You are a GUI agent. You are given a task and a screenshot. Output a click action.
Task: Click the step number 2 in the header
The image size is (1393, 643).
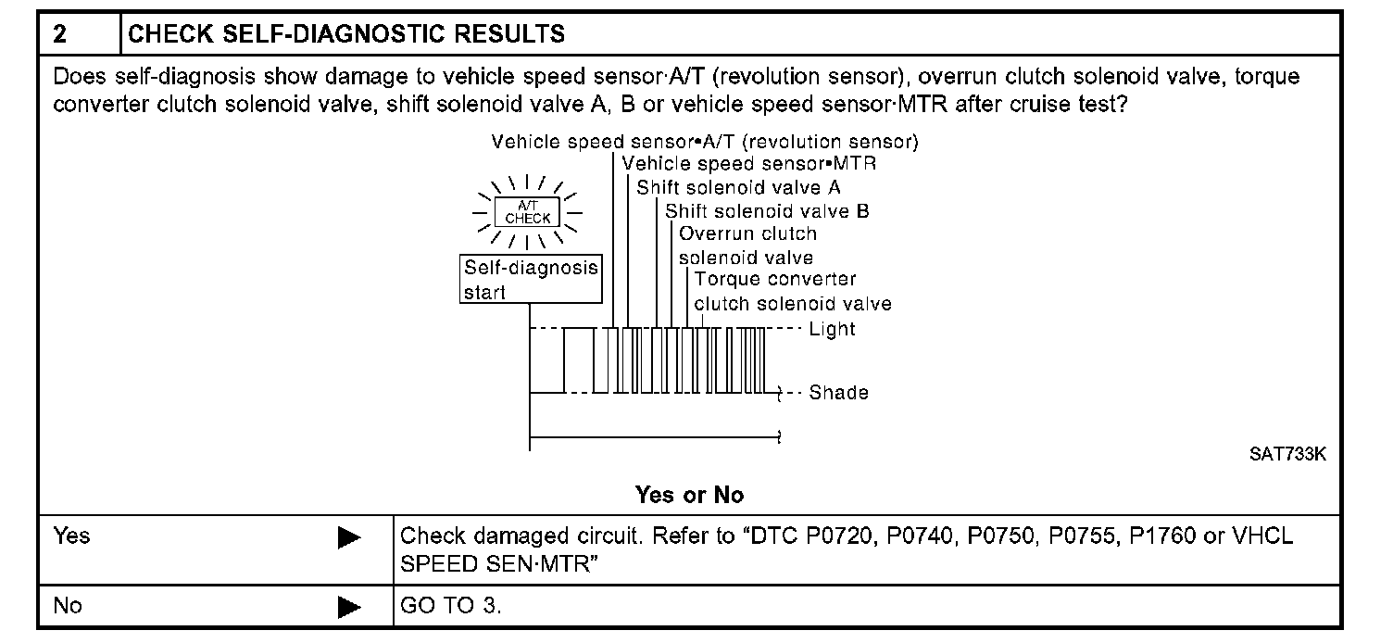pyautogui.click(x=60, y=35)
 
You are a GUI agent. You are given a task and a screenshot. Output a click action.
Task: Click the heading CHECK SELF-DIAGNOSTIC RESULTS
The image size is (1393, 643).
pyautogui.click(x=346, y=35)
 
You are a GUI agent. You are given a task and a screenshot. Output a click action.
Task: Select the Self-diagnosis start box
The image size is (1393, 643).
pyautogui.click(x=530, y=280)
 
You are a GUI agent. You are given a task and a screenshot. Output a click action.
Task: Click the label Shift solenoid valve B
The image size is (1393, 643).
pyautogui.click(x=767, y=211)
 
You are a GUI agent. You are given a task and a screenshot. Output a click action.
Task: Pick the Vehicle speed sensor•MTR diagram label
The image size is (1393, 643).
pyautogui.click(x=749, y=164)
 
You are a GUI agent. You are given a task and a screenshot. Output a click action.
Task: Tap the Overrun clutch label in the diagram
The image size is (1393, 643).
pyautogui.click(x=747, y=233)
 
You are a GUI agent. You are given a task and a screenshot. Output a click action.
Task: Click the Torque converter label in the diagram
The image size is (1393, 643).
pyautogui.click(x=775, y=279)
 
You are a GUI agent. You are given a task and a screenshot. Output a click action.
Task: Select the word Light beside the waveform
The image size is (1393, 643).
pyautogui.click(x=832, y=329)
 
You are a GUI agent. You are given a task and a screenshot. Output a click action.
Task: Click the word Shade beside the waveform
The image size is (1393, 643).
pyautogui.click(x=838, y=393)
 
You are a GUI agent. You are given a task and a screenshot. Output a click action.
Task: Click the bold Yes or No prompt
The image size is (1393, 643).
pyautogui.click(x=689, y=496)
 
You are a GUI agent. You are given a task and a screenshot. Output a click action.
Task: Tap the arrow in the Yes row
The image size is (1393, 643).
pyautogui.click(x=349, y=538)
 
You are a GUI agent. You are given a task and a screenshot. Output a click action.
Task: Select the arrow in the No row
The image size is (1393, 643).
pyautogui.click(x=349, y=607)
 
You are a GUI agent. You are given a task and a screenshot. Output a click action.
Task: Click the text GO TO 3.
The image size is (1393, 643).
pyautogui.click(x=451, y=606)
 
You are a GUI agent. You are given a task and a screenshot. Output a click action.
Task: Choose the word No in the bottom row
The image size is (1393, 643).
pyautogui.click(x=68, y=606)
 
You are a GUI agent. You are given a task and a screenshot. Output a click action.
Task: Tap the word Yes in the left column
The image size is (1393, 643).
pyautogui.click(x=71, y=536)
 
